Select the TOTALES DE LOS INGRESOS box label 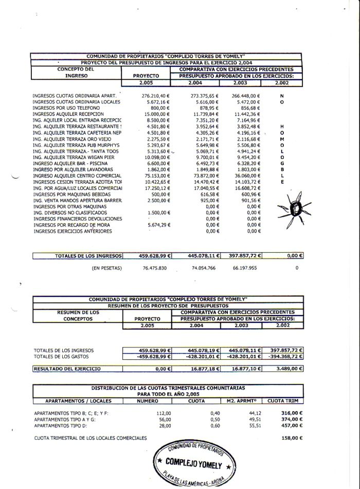coord(88,255)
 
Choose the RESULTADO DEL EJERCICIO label coord(67,369)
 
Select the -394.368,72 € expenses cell coord(284,356)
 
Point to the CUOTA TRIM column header coord(283,400)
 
